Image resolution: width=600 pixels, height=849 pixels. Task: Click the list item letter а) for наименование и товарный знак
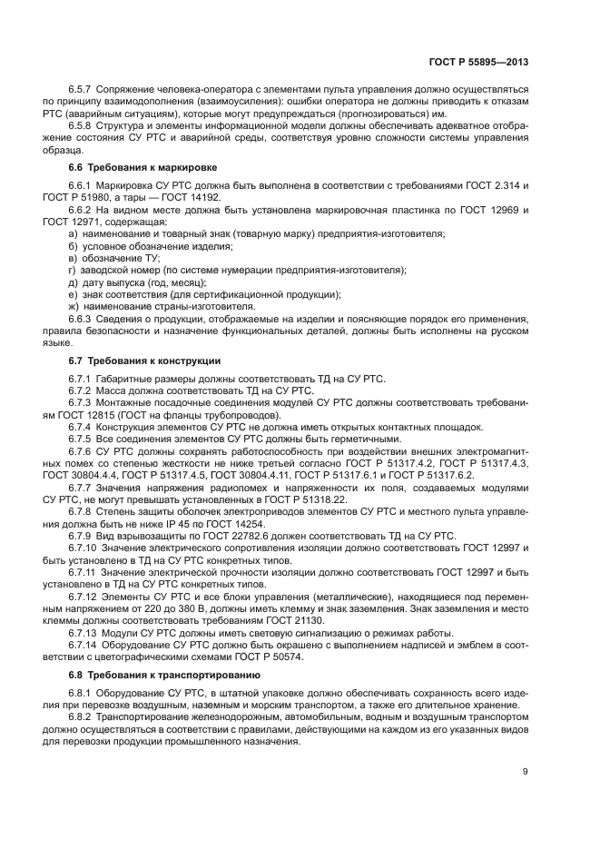click(73, 234)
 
